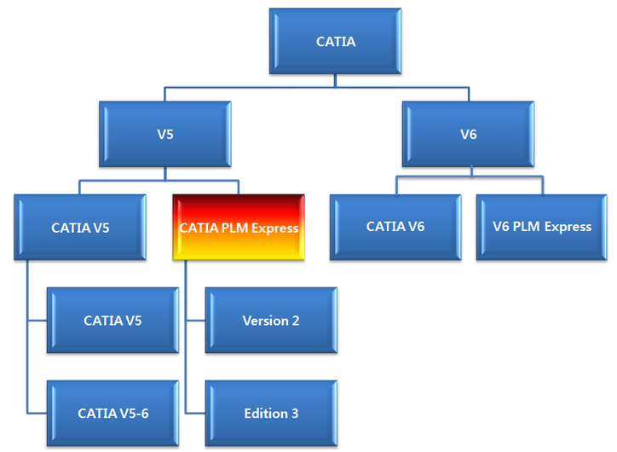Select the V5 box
165,135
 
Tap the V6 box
468,135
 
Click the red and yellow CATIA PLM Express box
239,228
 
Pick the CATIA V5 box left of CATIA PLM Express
80,228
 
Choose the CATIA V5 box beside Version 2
112,321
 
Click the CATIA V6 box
395,227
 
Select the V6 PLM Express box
542,227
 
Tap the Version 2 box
271,321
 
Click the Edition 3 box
271,414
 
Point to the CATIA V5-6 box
112,414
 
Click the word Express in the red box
275,229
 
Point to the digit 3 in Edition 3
295,414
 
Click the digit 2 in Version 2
296,321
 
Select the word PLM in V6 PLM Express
528,227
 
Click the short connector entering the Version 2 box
195,322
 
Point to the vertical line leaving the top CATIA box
337,80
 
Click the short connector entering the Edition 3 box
195,414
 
